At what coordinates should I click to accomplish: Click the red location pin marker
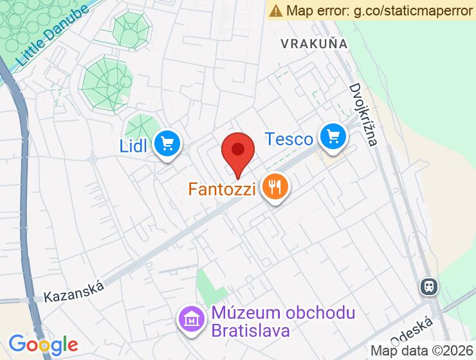click(238, 151)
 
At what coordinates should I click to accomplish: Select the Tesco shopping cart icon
click(333, 136)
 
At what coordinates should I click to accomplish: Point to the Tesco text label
click(289, 138)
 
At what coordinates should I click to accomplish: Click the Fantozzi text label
click(223, 190)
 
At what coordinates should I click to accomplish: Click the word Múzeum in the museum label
click(239, 314)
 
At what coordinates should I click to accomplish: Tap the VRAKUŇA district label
click(314, 44)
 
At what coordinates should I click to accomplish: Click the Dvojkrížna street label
click(363, 114)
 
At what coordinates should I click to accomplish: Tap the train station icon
click(428, 286)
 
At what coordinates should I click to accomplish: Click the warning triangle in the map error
click(276, 10)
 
